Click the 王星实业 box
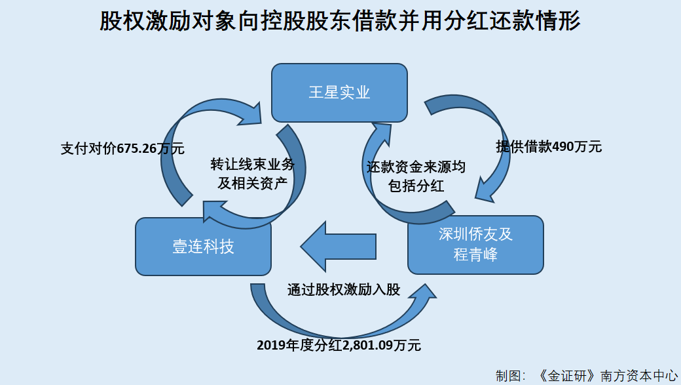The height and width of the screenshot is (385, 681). click(339, 92)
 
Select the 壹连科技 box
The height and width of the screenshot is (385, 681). click(203, 247)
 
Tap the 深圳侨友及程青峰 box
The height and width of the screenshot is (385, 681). click(475, 245)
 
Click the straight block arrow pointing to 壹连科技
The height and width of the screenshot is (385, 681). click(337, 247)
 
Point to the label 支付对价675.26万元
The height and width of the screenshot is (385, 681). click(122, 148)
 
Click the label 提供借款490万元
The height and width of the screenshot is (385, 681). click(549, 147)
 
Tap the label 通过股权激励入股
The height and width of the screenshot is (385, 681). click(344, 290)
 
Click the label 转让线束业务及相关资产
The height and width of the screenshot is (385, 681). click(252, 173)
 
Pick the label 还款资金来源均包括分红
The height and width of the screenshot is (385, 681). click(416, 176)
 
